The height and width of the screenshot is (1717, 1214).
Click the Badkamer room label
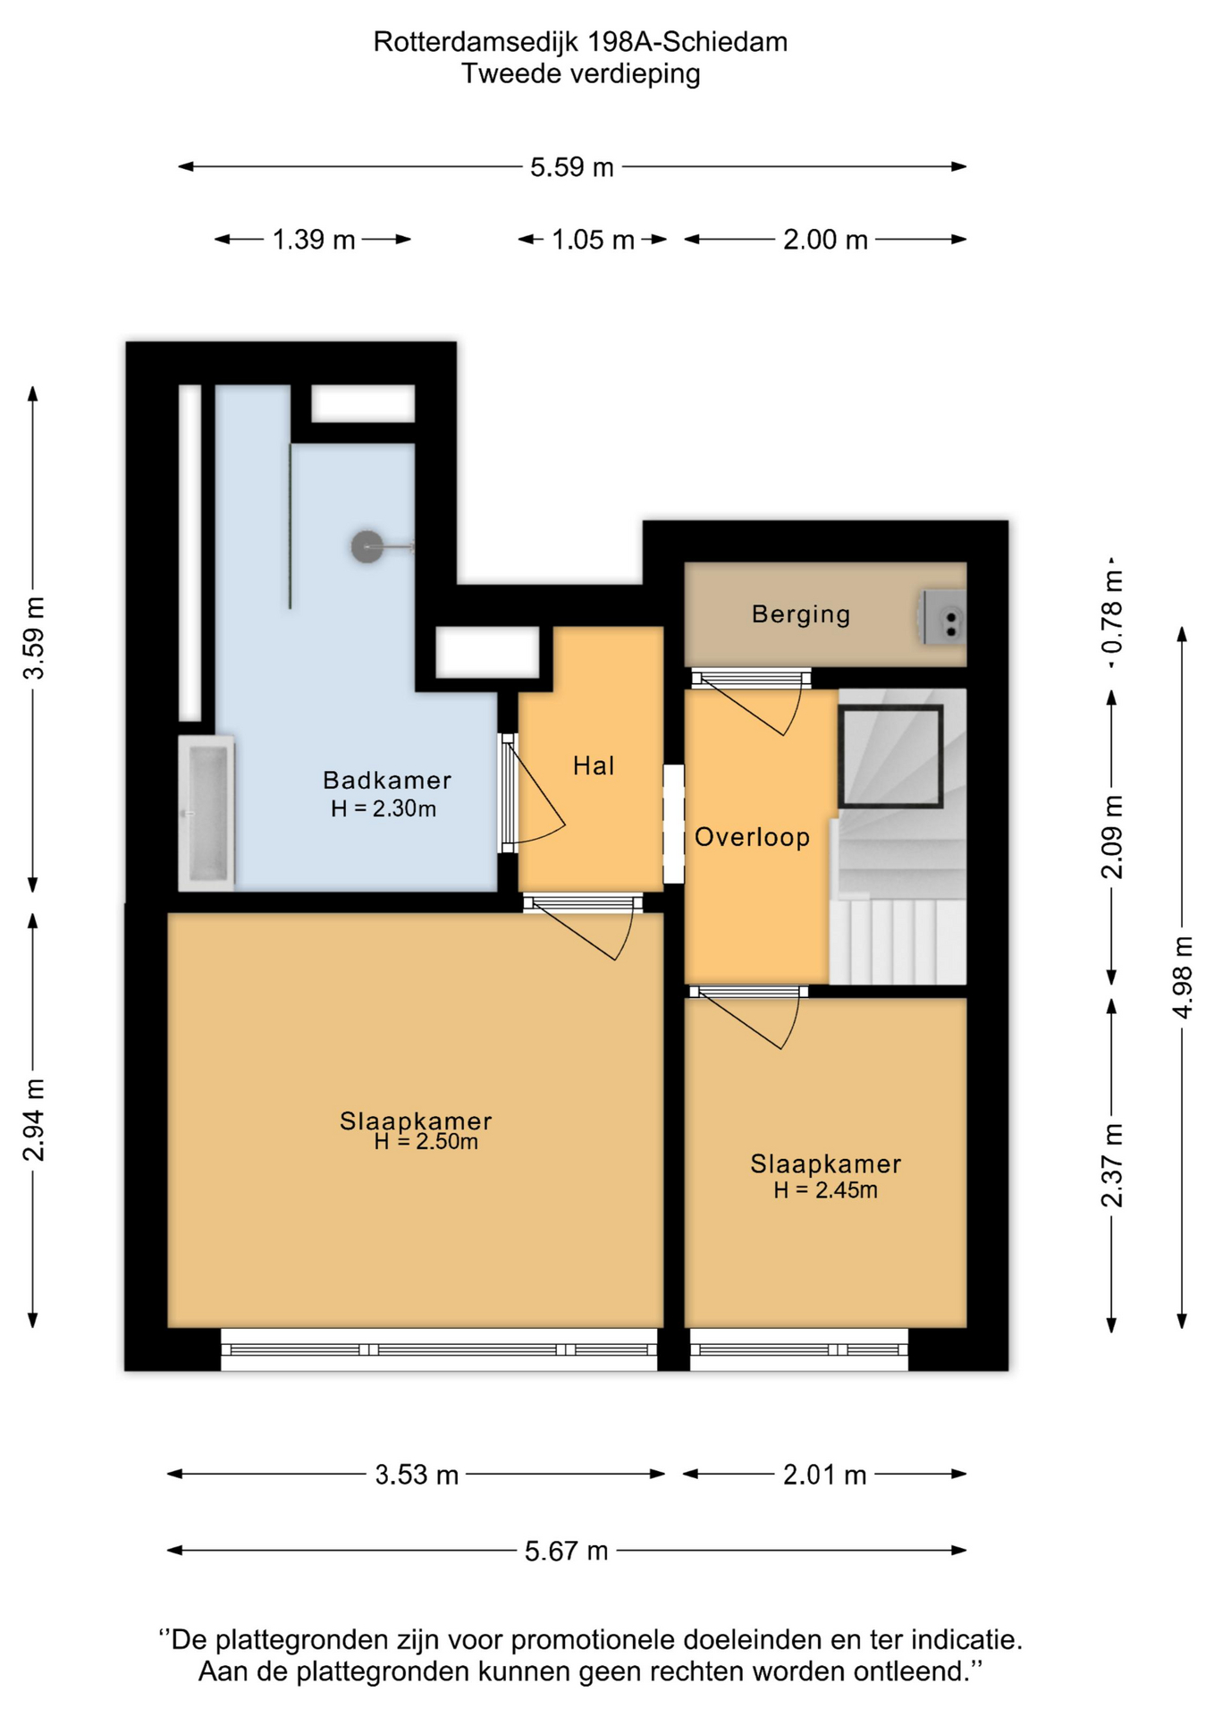[x=386, y=780]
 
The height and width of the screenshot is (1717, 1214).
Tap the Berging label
[x=801, y=614]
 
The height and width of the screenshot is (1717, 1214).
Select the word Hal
[x=594, y=765]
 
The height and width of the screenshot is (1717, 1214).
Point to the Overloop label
[x=752, y=837]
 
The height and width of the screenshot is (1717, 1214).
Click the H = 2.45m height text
[x=825, y=1190]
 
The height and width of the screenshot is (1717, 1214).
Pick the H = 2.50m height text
[x=426, y=1142]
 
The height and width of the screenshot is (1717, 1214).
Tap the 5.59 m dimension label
[x=572, y=167]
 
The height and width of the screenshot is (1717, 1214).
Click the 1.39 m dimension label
[x=314, y=240]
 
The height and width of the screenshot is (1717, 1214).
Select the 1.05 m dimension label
[x=593, y=240]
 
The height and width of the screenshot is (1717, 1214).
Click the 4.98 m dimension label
[x=1183, y=977]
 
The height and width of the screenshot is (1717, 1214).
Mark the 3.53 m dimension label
[x=417, y=1475]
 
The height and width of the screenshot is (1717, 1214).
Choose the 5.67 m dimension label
[x=567, y=1551]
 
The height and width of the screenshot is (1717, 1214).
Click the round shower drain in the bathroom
[x=367, y=546]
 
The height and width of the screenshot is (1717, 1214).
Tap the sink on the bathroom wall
[x=207, y=813]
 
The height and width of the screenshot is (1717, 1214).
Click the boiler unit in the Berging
[x=944, y=616]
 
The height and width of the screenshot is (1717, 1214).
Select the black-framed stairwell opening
[x=891, y=757]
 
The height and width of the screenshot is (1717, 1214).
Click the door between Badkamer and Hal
[x=532, y=792]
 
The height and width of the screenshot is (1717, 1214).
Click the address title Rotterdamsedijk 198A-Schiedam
[x=580, y=42]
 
